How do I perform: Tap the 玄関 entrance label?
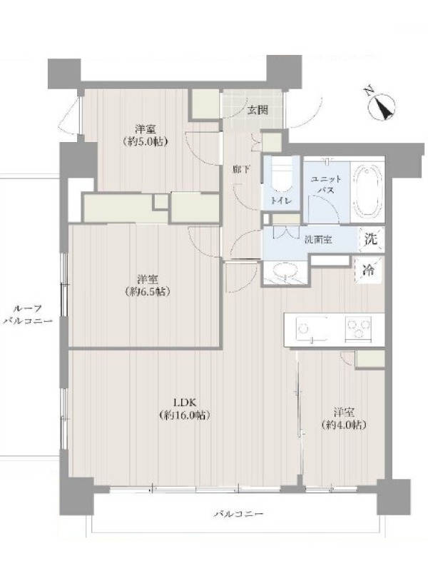point(258,110)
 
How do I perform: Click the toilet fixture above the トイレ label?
point(281,178)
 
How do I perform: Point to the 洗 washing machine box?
point(371,239)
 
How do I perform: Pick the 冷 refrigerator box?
point(369,270)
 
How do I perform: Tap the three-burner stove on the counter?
point(358,329)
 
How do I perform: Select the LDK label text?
point(185,403)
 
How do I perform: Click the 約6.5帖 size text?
point(148,291)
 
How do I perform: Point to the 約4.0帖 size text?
point(344,425)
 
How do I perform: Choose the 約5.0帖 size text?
point(146,141)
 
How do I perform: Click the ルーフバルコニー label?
point(28,315)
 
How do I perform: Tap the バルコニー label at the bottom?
point(238,514)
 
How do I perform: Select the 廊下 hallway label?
point(242,169)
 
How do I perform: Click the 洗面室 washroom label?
point(317,241)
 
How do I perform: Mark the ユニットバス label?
point(326,185)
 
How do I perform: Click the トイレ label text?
point(281,201)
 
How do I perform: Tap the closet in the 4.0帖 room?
point(370,359)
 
